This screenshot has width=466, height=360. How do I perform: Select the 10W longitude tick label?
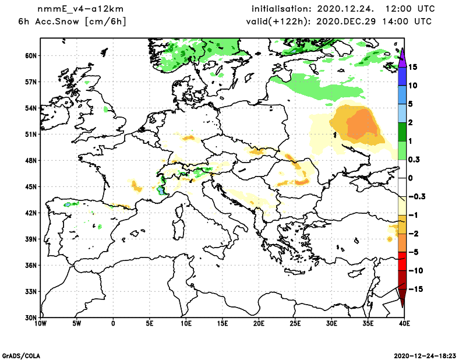40,323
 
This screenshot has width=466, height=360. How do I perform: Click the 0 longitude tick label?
113,323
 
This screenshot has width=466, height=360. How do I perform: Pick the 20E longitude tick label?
259,323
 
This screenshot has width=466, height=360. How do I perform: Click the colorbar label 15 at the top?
414,66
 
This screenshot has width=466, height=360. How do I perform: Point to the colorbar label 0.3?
414,159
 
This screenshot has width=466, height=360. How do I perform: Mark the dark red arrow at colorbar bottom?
402,298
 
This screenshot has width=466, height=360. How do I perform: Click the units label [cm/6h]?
105,22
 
